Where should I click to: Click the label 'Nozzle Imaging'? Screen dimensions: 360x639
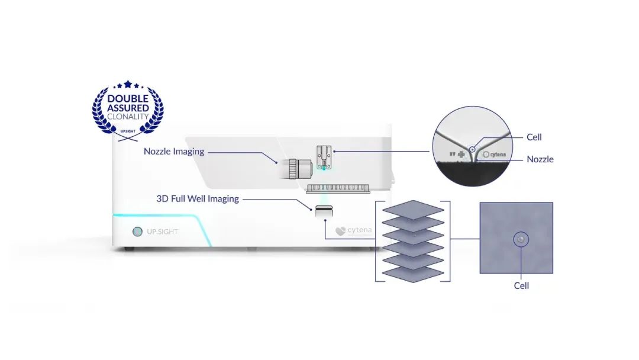coord(174,152)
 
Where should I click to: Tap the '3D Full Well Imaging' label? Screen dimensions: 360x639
coord(198,199)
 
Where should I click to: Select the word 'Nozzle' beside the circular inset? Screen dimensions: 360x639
coord(540,159)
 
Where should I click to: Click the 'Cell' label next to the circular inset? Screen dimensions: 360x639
coord(534,137)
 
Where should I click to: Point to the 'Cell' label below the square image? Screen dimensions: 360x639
coord(521,286)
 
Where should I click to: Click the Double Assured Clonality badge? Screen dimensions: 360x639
coord(128,110)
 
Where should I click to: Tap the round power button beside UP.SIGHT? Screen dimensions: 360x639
coord(137,232)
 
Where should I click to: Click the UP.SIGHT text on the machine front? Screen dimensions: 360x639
coord(162,232)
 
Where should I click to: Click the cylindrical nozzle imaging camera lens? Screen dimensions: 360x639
coord(298,168)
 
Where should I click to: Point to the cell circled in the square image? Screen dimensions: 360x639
coord(521,239)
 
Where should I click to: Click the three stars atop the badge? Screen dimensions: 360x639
coord(128,85)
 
